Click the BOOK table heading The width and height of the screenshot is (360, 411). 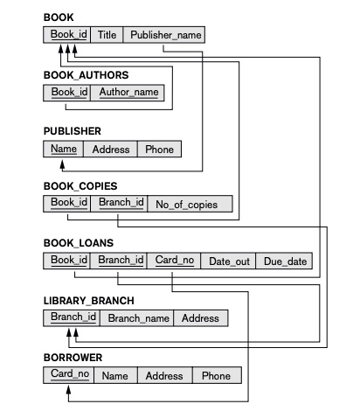click(x=59, y=17)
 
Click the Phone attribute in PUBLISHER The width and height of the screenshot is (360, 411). click(x=159, y=149)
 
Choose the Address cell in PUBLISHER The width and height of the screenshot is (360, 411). click(x=111, y=149)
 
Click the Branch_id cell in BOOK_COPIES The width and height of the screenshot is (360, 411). click(x=121, y=204)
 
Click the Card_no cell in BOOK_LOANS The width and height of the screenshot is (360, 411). click(x=173, y=261)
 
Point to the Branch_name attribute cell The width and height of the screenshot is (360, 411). click(x=138, y=317)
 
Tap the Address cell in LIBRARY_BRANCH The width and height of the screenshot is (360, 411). click(x=201, y=317)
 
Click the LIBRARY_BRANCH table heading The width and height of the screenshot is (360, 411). click(x=89, y=300)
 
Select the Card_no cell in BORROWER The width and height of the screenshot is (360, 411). click(x=68, y=375)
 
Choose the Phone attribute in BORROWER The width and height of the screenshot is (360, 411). click(x=215, y=375)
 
